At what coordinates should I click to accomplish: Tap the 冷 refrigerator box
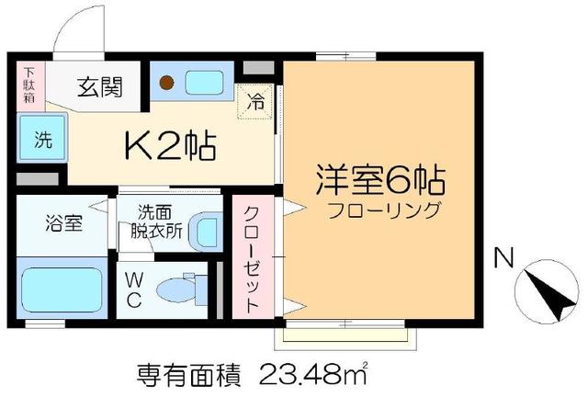click(x=256, y=102)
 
